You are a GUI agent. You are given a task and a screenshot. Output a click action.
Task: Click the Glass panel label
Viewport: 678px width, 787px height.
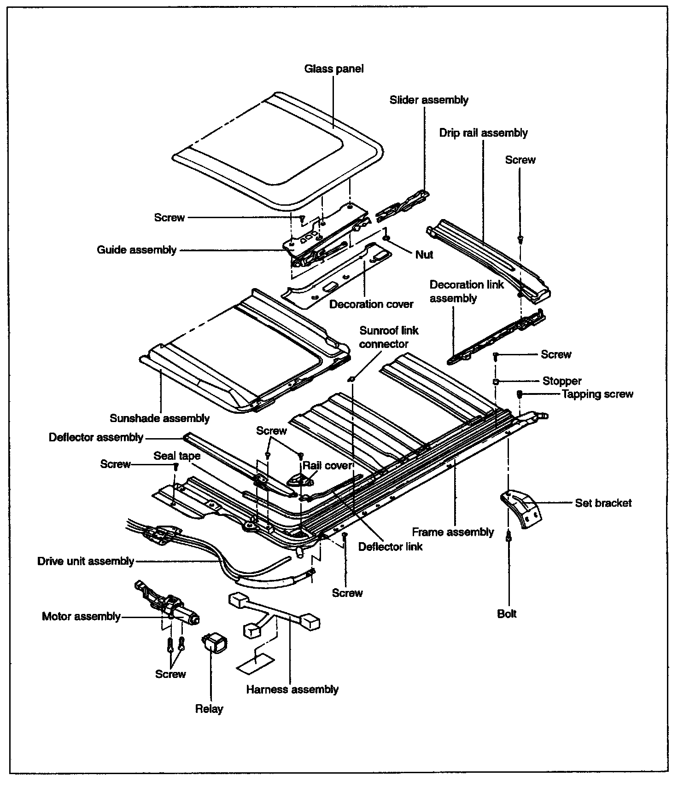(x=334, y=69)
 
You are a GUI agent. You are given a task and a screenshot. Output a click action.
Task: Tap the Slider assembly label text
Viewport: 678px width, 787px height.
(x=429, y=100)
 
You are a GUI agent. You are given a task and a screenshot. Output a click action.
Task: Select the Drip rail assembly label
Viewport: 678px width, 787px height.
(x=483, y=133)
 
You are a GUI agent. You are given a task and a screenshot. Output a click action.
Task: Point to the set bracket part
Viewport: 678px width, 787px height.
(x=520, y=508)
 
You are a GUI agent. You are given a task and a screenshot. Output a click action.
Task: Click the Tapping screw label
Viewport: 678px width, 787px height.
(x=597, y=394)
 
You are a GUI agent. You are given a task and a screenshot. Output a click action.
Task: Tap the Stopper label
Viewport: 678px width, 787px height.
(x=561, y=381)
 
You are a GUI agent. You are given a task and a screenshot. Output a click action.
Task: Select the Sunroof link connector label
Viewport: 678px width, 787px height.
(x=389, y=337)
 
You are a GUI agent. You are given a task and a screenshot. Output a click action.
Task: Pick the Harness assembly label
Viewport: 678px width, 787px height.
(x=292, y=689)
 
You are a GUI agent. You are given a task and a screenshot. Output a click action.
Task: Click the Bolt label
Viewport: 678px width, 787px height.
(x=507, y=614)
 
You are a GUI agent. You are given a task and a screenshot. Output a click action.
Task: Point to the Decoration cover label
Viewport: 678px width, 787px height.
(x=371, y=304)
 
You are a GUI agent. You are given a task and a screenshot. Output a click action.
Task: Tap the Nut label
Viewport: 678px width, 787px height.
(x=424, y=255)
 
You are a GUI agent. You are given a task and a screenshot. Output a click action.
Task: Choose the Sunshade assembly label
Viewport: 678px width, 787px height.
(x=159, y=418)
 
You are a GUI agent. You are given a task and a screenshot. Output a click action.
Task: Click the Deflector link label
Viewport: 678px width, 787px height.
(x=390, y=547)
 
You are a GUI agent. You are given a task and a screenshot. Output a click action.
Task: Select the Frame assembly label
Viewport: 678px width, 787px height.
(x=453, y=532)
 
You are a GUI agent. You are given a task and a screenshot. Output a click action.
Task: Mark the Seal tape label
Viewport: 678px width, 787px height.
(x=177, y=456)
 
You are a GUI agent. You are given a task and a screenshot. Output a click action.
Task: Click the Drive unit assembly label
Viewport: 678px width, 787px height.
(x=86, y=561)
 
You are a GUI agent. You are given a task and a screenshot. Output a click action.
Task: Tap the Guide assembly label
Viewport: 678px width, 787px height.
(x=136, y=250)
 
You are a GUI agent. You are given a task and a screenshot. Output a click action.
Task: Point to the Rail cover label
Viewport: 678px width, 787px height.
(x=327, y=465)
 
